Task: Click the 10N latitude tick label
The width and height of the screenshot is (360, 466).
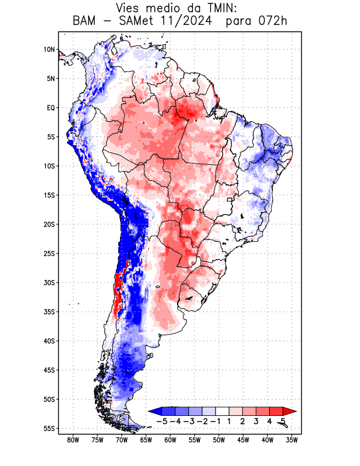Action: click(49, 50)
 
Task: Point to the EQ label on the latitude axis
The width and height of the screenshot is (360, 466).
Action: click(50, 108)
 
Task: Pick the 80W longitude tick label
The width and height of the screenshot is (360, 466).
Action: click(73, 440)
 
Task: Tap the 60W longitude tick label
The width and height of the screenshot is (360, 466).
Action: click(170, 440)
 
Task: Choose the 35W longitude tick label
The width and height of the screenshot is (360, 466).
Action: click(291, 440)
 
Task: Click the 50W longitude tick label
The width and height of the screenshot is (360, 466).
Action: click(218, 440)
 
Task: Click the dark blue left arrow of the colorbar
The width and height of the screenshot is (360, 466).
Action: click(155, 411)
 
